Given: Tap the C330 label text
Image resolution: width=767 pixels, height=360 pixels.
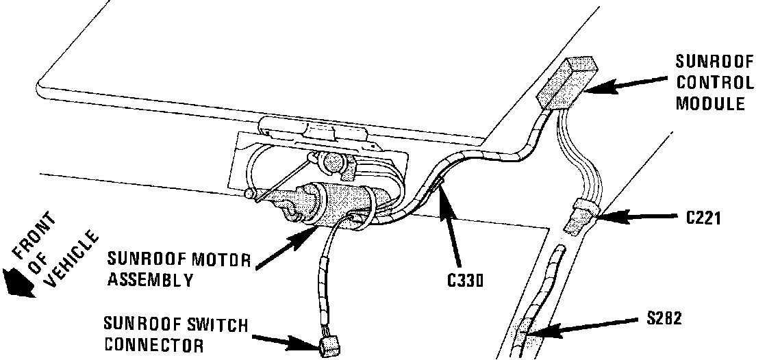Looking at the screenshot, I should [464, 280].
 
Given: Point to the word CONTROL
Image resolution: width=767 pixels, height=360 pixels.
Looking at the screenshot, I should [714, 82].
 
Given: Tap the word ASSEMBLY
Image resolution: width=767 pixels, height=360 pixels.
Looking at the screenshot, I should [150, 279].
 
